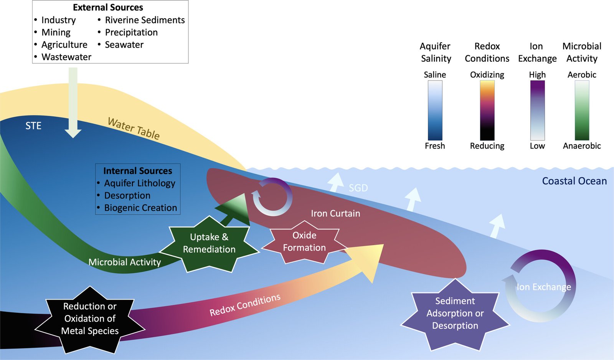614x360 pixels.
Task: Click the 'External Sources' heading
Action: point(108,7)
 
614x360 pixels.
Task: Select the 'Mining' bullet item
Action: point(56,32)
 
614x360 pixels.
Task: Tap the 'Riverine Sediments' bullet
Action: point(145,20)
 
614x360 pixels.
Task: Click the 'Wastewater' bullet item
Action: point(66,57)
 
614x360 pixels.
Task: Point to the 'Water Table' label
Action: point(134,128)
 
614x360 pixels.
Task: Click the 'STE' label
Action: point(33,126)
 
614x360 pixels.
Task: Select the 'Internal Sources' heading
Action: point(137,171)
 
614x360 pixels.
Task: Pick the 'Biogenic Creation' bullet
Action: point(140,208)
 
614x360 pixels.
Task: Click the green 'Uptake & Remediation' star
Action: point(209,244)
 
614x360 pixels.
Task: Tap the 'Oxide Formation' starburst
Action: point(304,242)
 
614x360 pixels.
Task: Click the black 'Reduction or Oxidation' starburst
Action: point(90,319)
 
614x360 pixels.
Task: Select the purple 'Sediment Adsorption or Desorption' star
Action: point(455,314)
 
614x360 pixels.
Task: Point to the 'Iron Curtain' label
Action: point(335,213)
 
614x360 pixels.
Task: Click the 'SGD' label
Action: point(358,188)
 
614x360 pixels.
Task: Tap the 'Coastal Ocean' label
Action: point(574,181)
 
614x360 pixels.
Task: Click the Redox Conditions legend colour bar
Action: point(487,110)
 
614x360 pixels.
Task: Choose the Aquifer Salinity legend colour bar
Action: point(435,110)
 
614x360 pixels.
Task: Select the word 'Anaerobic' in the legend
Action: point(581,146)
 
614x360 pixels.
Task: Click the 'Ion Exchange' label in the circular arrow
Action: point(543,287)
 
